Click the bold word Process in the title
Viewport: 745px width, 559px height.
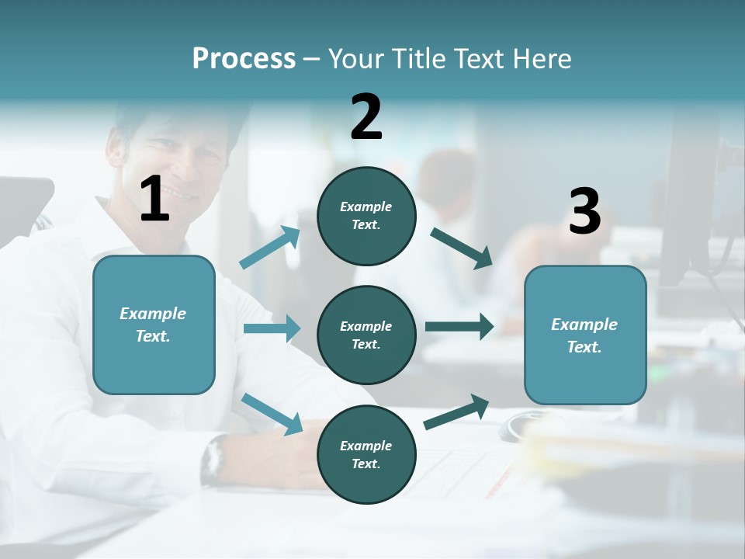point(244,59)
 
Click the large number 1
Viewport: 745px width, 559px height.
point(154,200)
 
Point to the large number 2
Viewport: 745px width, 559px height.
point(366,117)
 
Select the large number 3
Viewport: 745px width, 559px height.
point(584,211)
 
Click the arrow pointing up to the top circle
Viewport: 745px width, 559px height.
point(270,248)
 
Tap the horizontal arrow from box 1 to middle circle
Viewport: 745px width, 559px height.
point(272,328)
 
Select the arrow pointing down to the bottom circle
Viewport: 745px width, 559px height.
point(272,414)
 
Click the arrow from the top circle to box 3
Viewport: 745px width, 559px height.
point(461,248)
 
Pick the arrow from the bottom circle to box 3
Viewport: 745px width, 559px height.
point(456,412)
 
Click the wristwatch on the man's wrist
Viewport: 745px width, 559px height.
point(213,460)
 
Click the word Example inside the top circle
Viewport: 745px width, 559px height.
point(366,207)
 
